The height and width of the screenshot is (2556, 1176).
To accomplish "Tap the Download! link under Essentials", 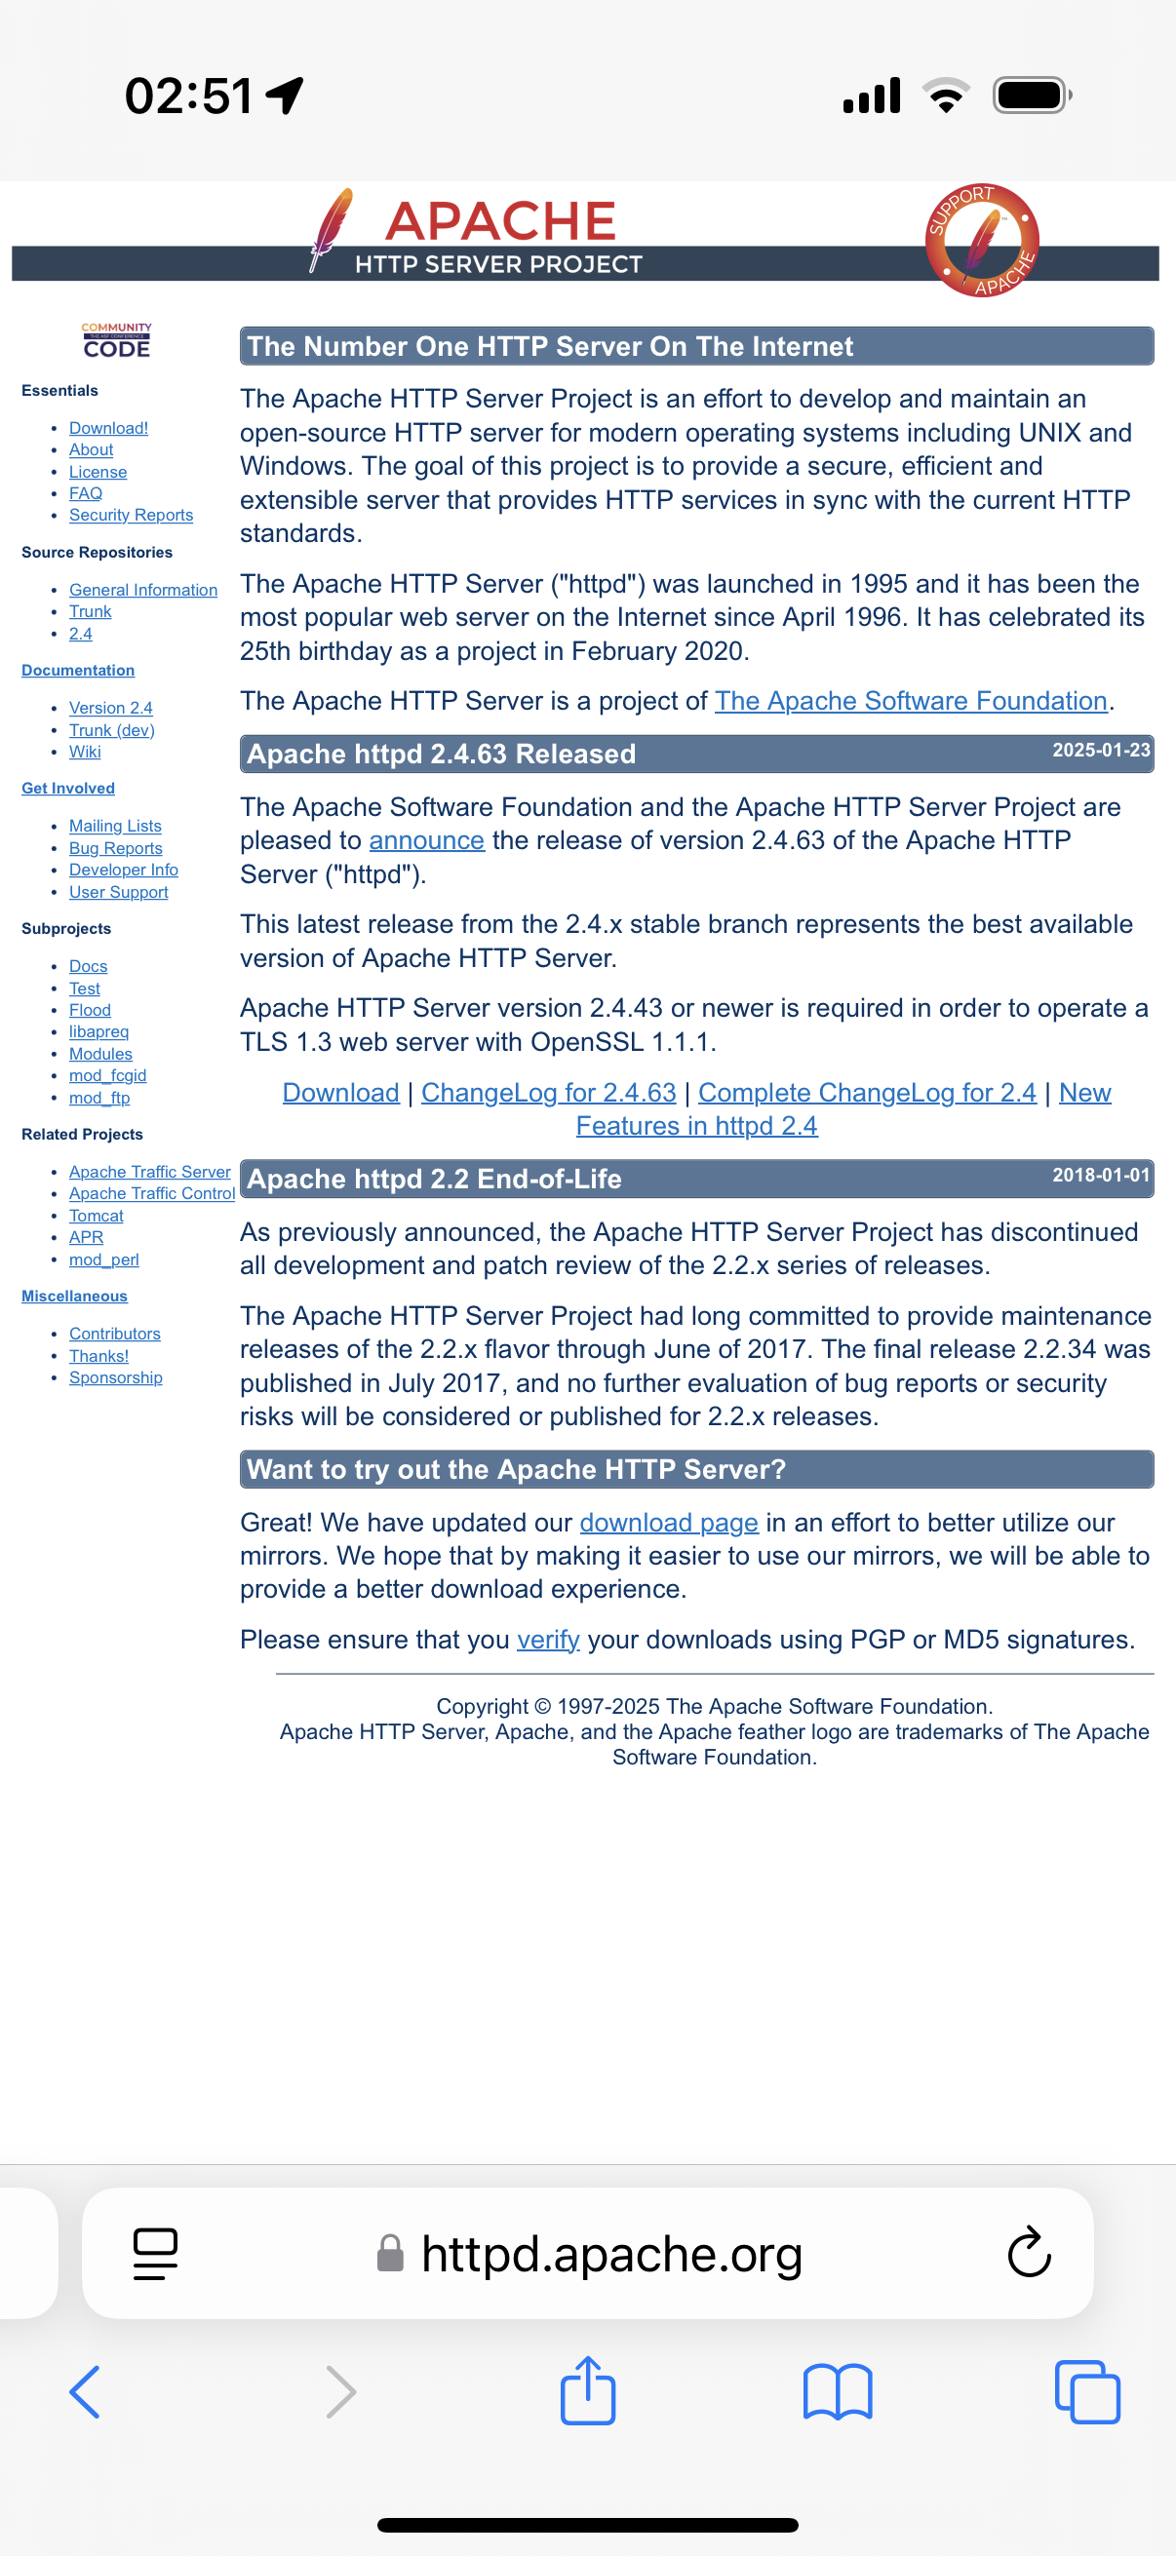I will coord(108,428).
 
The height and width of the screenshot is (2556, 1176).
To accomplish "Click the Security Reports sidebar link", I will coord(131,515).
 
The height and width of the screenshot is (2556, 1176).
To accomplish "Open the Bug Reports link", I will coord(115,848).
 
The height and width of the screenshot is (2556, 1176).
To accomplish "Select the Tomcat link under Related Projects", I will coord(97,1216).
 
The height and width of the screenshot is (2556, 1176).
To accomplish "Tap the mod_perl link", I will coord(103,1259).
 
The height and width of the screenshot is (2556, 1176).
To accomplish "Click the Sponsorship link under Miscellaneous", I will coord(115,1377).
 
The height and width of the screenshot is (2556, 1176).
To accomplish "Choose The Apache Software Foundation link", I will coord(910,702).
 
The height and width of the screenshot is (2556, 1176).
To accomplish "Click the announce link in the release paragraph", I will coord(426,840).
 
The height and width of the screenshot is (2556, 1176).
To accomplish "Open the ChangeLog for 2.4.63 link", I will coord(548,1093).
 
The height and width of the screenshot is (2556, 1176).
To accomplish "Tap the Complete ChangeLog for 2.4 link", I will coord(866,1093).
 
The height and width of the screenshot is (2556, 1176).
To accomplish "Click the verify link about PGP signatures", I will coord(548,1640).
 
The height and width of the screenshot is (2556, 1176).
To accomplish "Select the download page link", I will coord(668,1522).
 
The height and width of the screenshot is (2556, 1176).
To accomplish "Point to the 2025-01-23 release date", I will coord(1100,751).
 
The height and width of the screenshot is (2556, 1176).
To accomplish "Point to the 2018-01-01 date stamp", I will coord(1100,1175).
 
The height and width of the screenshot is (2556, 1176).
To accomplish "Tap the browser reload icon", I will coord(1028,2253).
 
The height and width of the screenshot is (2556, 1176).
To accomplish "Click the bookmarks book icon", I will coord(837,2391).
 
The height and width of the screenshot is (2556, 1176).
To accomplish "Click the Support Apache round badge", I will coord(982,241).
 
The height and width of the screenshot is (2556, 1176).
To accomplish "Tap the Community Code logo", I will coord(116,340).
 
